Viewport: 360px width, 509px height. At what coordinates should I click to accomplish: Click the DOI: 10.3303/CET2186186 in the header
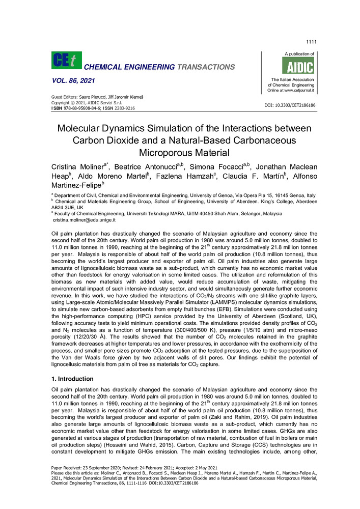click(290, 105)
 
